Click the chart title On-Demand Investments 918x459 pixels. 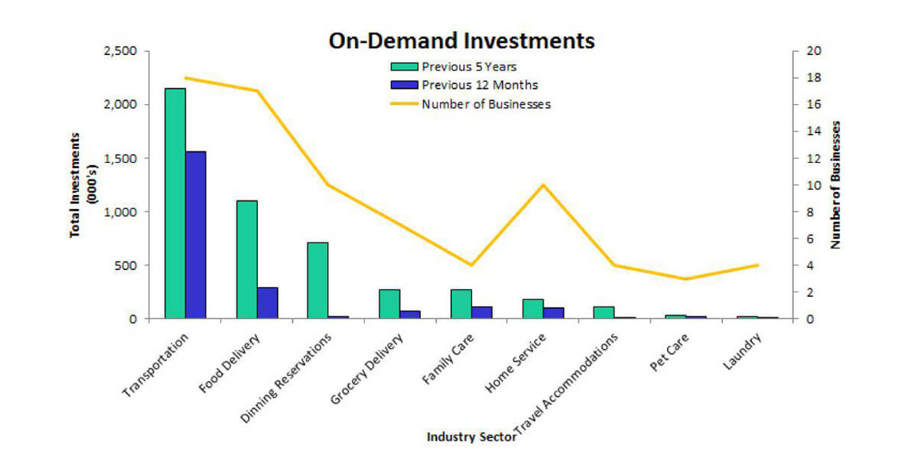pos(461,41)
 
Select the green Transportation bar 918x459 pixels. pos(175,203)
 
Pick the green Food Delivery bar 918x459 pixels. pos(246,259)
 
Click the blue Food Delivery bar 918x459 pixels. pos(268,303)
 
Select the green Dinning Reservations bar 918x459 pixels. pos(317,280)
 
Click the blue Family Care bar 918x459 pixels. pos(482,312)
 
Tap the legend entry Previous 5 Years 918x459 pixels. pos(469,67)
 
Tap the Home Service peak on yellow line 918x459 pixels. pos(543,185)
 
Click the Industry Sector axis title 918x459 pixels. pos(470,437)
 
